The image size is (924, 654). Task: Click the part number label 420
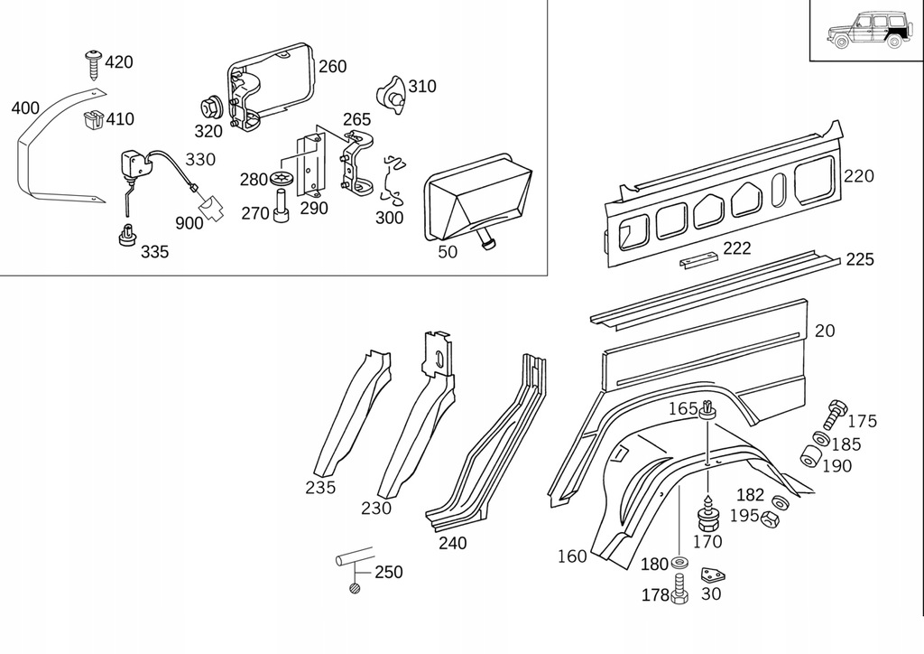pos(119,62)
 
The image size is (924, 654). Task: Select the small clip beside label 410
pos(92,118)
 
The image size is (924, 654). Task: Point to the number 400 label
pos(25,108)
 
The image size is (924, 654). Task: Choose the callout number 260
pos(332,67)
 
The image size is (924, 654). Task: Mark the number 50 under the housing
pos(448,251)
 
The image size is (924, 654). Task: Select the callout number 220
pos(859,176)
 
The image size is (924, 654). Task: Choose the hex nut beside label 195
pos(771,519)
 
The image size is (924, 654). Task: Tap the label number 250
pos(388,573)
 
